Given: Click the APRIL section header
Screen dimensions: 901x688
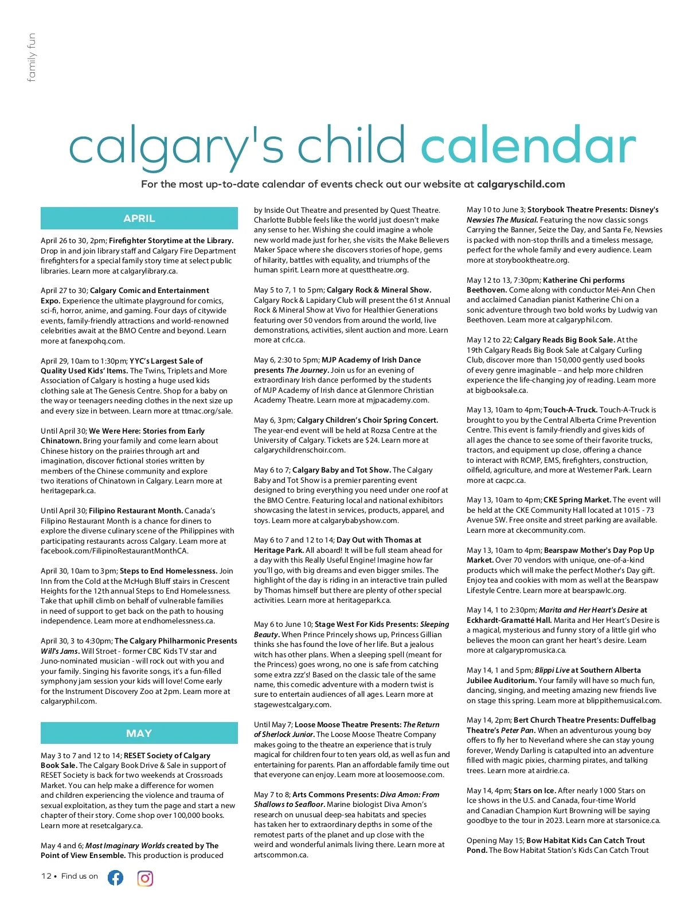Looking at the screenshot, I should tap(139, 219).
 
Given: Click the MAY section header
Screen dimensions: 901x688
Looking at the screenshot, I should tap(139, 733).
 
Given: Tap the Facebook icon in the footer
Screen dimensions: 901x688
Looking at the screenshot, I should tap(115, 877).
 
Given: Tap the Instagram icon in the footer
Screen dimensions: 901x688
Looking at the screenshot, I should tap(145, 878).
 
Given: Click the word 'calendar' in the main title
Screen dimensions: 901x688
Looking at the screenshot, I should tap(528, 147).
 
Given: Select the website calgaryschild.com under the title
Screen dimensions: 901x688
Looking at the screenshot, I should tap(521, 185).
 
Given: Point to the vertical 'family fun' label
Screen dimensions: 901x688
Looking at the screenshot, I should tap(32, 57).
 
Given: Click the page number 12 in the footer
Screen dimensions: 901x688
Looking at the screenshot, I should tap(46, 876).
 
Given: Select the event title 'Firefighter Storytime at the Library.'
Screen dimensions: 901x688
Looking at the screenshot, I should tap(171, 241).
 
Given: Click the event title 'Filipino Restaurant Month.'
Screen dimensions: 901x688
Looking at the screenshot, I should tap(136, 511).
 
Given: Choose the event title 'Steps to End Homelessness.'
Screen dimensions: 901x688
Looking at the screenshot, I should tap(169, 571).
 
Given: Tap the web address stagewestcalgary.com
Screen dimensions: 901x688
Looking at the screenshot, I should tap(292, 705).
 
